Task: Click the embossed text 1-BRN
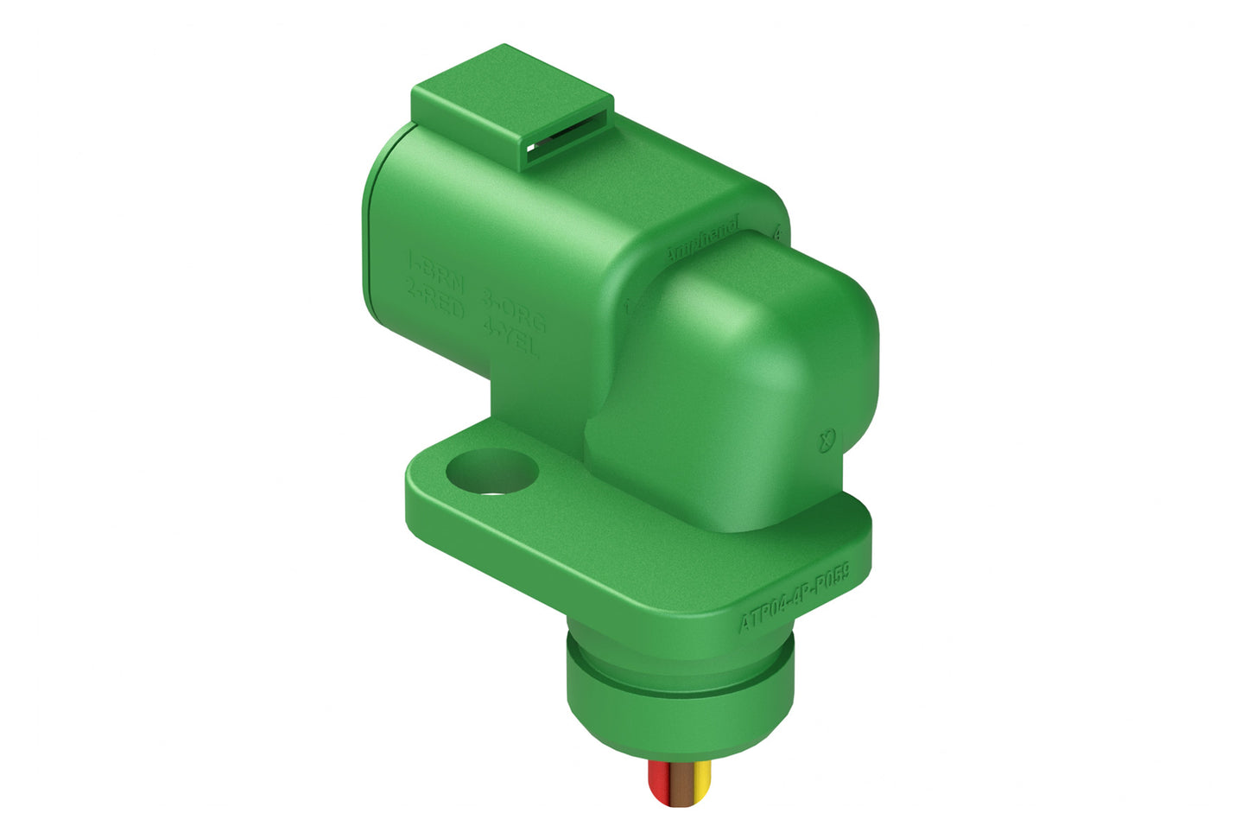click(437, 263)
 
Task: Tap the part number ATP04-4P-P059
click(795, 598)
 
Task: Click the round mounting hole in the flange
click(491, 473)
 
